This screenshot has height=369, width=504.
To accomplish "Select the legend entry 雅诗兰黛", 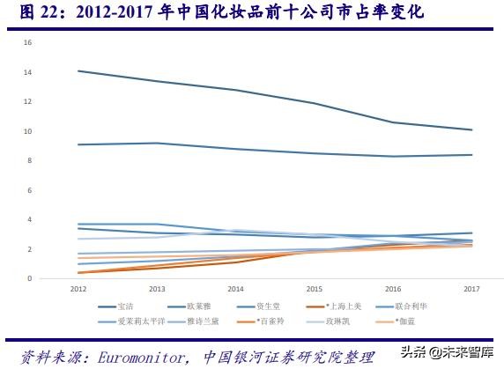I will (x=204, y=321).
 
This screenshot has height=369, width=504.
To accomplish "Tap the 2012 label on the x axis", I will (x=79, y=289).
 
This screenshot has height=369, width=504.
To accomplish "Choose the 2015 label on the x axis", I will (x=314, y=289).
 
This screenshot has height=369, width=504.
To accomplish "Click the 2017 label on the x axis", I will (x=471, y=289).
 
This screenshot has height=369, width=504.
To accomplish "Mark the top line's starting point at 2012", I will (x=79, y=70).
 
